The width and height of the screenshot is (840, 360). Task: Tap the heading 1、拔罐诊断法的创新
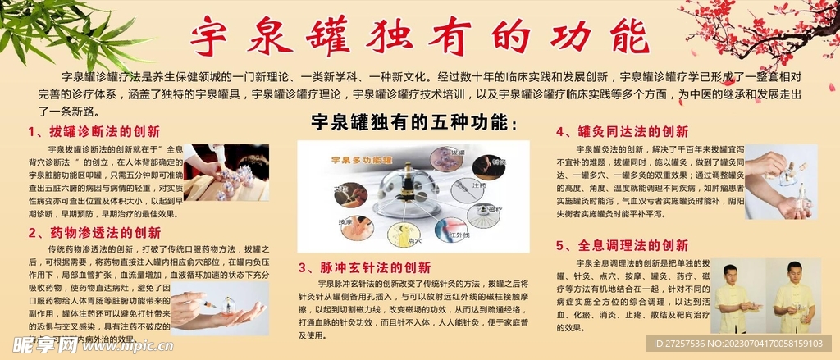[x=94, y=131]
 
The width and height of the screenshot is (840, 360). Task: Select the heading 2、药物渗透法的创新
[x=94, y=232]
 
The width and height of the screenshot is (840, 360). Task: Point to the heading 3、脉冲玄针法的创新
[x=363, y=267]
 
